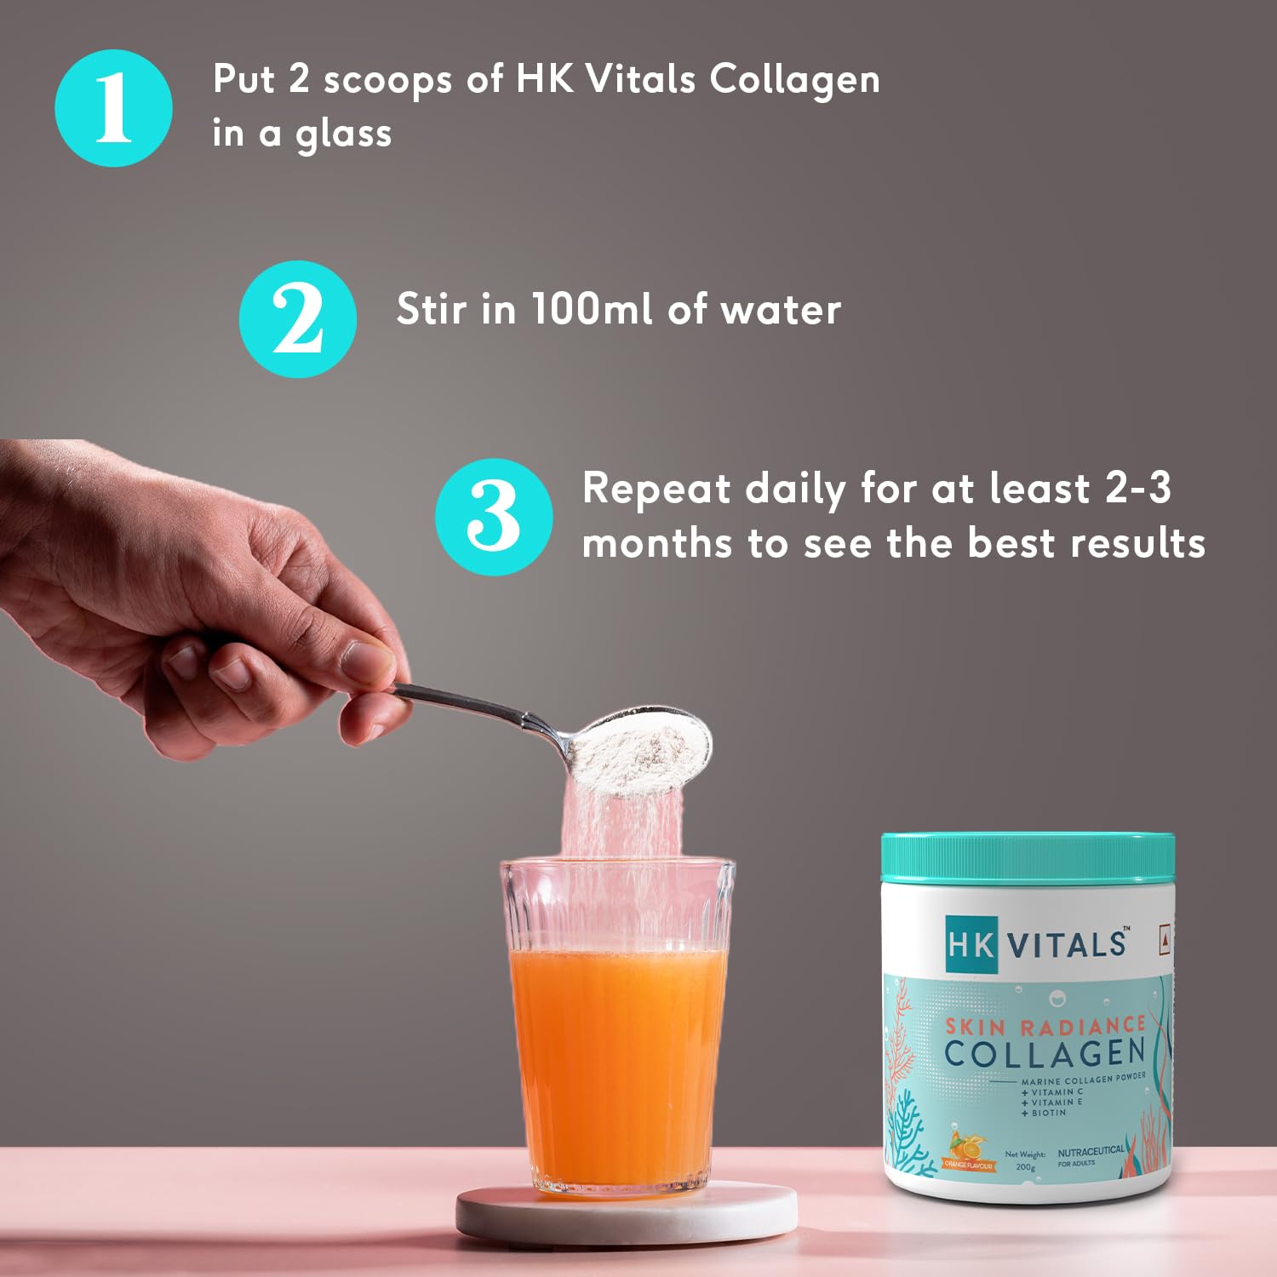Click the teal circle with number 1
coord(113,108)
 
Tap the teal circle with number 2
coord(298,319)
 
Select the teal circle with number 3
coord(494,517)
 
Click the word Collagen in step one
coord(794,82)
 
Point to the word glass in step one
coord(343,135)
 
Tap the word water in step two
coord(781,310)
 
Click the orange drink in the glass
coord(617,1068)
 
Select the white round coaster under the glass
coord(627,1214)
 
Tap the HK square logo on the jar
coord(971,944)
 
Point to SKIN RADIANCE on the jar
coord(1046,1026)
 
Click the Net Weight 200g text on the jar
coord(1025,1160)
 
